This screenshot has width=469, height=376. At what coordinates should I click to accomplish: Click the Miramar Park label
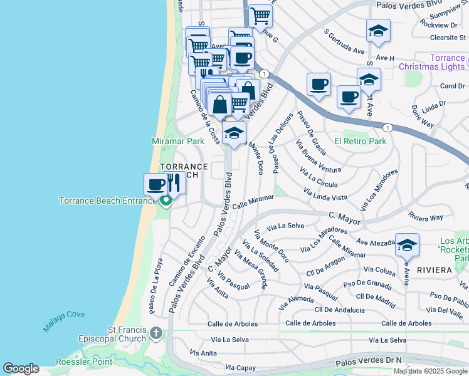[178, 141]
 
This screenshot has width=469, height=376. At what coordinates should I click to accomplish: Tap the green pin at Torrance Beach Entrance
[166, 201]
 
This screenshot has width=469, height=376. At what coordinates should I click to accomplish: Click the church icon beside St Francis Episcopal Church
[156, 333]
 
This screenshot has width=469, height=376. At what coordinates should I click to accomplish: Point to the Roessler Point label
[84, 361]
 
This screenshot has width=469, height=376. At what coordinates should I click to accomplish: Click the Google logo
[21, 368]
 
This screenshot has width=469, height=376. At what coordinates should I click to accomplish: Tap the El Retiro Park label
[360, 141]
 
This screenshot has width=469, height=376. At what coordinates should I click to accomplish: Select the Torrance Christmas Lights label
[432, 62]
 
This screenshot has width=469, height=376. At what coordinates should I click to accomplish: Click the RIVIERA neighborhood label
[433, 269]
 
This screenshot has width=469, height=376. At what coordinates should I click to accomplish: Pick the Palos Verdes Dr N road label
[368, 362]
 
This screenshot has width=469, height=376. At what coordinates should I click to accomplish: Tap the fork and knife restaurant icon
[174, 184]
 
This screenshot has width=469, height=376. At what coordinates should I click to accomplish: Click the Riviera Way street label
[425, 217]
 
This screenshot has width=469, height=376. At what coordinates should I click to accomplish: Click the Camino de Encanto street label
[187, 262]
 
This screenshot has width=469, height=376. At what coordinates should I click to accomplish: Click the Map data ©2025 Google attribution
[429, 371]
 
